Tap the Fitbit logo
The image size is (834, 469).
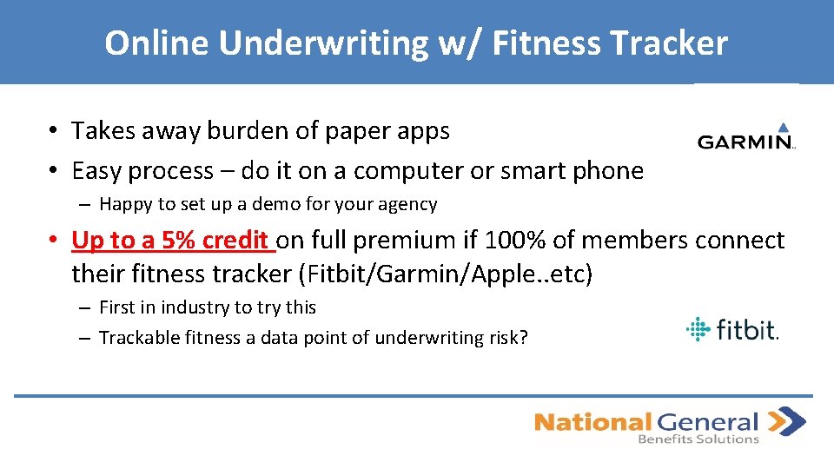731,329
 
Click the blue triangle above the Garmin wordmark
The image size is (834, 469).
783,127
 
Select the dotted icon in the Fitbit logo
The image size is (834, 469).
698,329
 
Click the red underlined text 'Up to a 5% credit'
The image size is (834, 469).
172,240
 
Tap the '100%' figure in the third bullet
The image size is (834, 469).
541,240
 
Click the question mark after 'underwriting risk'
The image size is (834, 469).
523,338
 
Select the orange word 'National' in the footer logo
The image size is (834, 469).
592,423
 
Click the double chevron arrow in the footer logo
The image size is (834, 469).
788,421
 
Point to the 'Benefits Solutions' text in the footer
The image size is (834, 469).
698,439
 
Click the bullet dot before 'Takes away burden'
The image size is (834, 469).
54,132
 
